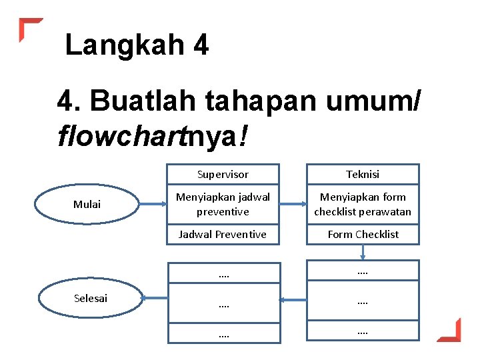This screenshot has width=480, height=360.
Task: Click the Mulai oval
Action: tap(87, 204)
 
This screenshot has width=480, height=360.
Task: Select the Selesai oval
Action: tap(91, 298)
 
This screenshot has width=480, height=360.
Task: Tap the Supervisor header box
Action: tap(223, 174)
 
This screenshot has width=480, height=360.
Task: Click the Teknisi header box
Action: tap(363, 174)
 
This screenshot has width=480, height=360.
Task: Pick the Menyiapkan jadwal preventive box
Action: tap(223, 204)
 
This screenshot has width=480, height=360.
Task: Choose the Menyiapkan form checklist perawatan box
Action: tap(363, 204)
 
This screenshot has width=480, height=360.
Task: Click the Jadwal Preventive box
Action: tap(223, 234)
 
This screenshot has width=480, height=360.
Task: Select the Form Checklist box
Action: tap(363, 234)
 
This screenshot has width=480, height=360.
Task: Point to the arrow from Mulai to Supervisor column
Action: tap(154, 204)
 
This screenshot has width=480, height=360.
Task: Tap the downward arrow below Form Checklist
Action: tap(363, 252)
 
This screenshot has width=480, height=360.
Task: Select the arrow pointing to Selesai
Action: tap(155, 299)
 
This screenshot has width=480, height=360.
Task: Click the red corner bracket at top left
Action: tap(29, 28)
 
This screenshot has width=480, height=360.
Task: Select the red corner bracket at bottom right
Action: tap(450, 331)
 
